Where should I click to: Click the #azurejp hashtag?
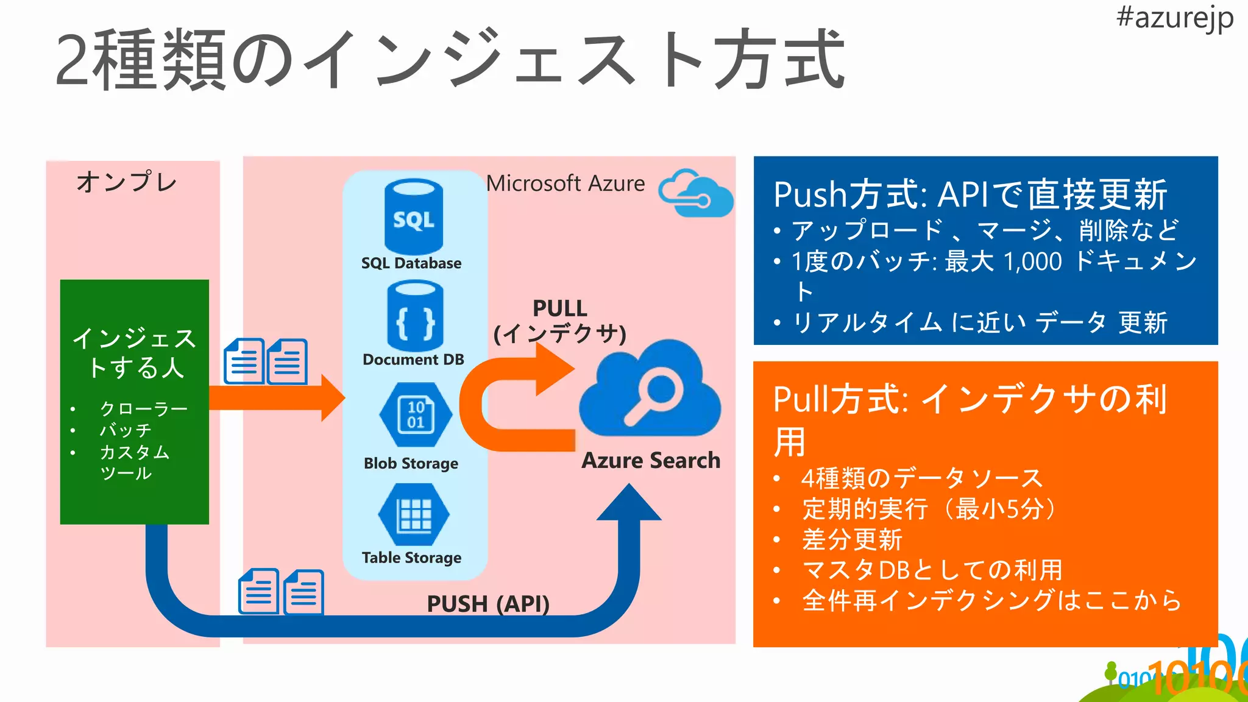(x=1174, y=18)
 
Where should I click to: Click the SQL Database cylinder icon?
(x=414, y=216)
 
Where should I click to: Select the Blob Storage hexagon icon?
(x=416, y=414)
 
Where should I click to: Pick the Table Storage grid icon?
(x=414, y=515)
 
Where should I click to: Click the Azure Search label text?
(x=651, y=460)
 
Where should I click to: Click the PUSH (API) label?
(x=487, y=604)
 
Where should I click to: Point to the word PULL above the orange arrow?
(x=559, y=308)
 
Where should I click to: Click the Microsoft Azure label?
(x=565, y=183)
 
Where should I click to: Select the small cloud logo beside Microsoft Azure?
(x=696, y=193)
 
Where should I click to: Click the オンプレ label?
(x=127, y=182)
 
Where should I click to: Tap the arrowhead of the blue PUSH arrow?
(x=629, y=503)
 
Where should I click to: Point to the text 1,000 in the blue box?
(x=1032, y=261)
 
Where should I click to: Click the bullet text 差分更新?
(x=851, y=539)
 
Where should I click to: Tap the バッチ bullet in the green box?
(x=126, y=430)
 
